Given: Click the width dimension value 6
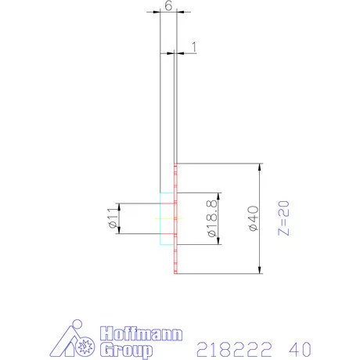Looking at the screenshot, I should point(167,5).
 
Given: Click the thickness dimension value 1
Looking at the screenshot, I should point(192,48).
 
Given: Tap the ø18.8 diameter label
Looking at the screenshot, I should point(211,218).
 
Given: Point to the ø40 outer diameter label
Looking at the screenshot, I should point(251,218).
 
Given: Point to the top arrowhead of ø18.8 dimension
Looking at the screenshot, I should point(220,195).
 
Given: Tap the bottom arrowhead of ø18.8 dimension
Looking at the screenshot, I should point(220,242).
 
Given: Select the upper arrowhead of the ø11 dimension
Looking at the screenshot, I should point(120,206).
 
